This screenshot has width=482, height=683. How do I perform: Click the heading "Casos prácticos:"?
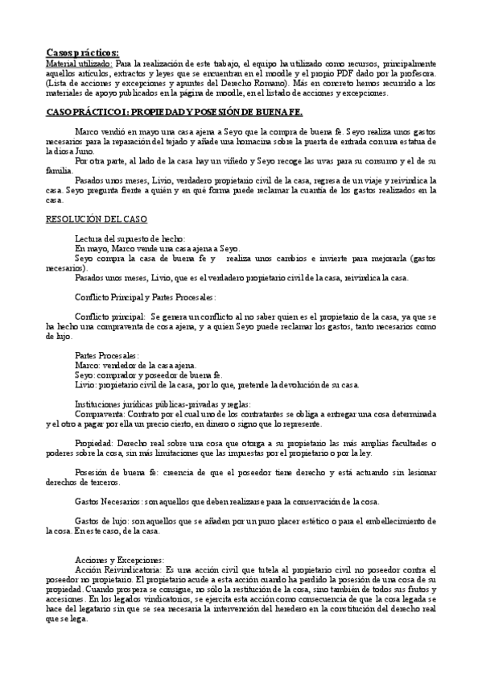[x=82, y=51]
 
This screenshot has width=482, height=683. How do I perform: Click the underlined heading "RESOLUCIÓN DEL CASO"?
[x=96, y=218]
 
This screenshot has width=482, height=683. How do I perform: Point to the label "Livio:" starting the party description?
[x=86, y=384]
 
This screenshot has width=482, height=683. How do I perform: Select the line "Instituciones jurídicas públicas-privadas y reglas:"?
[x=162, y=404]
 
